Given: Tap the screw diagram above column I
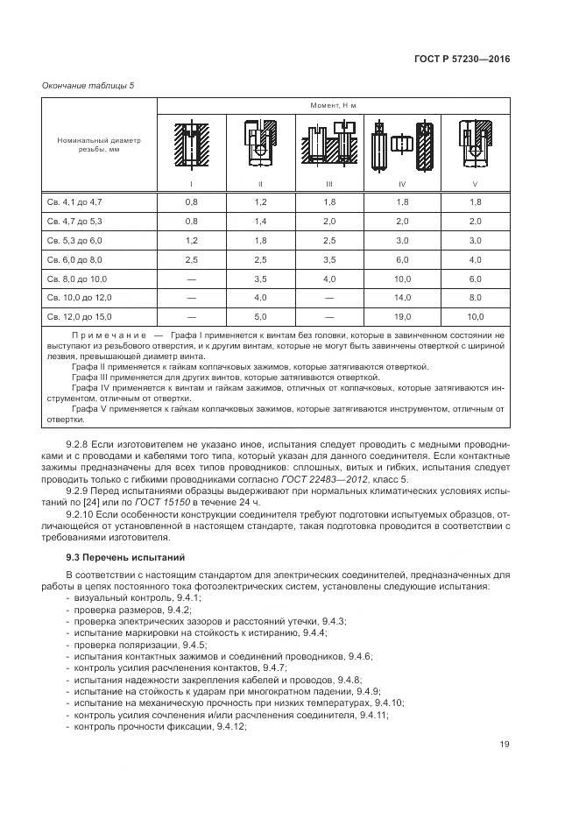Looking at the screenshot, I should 191,145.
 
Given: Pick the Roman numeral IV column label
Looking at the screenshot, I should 401,185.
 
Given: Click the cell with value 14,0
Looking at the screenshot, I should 402,297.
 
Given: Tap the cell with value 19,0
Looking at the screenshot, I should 402,316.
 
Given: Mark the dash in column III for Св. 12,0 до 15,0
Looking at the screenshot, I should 329,316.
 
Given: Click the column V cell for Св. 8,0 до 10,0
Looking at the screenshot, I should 475,278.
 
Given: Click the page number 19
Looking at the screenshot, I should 505,745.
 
